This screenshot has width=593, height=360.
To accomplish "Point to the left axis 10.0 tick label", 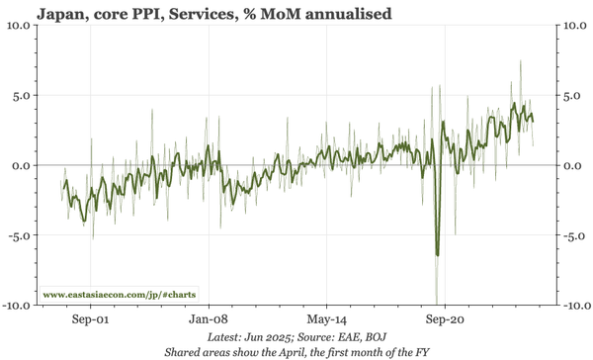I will pyautogui.click(x=19, y=26).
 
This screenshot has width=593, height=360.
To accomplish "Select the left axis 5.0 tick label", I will pyautogui.click(x=22, y=96).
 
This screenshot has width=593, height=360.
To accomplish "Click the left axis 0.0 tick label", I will pyautogui.click(x=22, y=165).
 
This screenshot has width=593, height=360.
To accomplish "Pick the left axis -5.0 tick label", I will pyautogui.click(x=20, y=235).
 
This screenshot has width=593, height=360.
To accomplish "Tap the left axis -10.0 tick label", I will pyautogui.click(x=17, y=306).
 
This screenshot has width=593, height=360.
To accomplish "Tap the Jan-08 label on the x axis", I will pyautogui.click(x=209, y=320).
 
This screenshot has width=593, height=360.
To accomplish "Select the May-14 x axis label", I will pyautogui.click(x=326, y=320).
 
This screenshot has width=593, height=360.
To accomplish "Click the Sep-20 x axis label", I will pyautogui.click(x=445, y=320).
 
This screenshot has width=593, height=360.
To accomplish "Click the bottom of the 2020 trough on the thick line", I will pyautogui.click(x=437, y=255).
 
